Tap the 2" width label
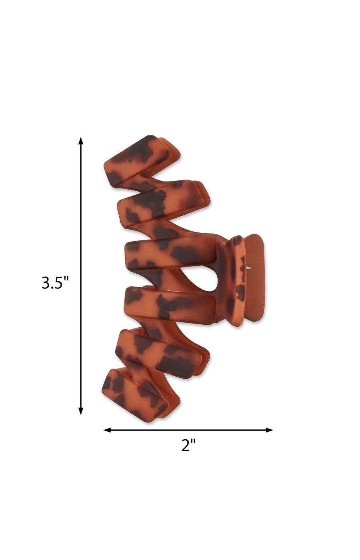click(x=188, y=445)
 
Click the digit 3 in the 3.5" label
click(x=46, y=283)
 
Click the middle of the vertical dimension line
click(x=81, y=276)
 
